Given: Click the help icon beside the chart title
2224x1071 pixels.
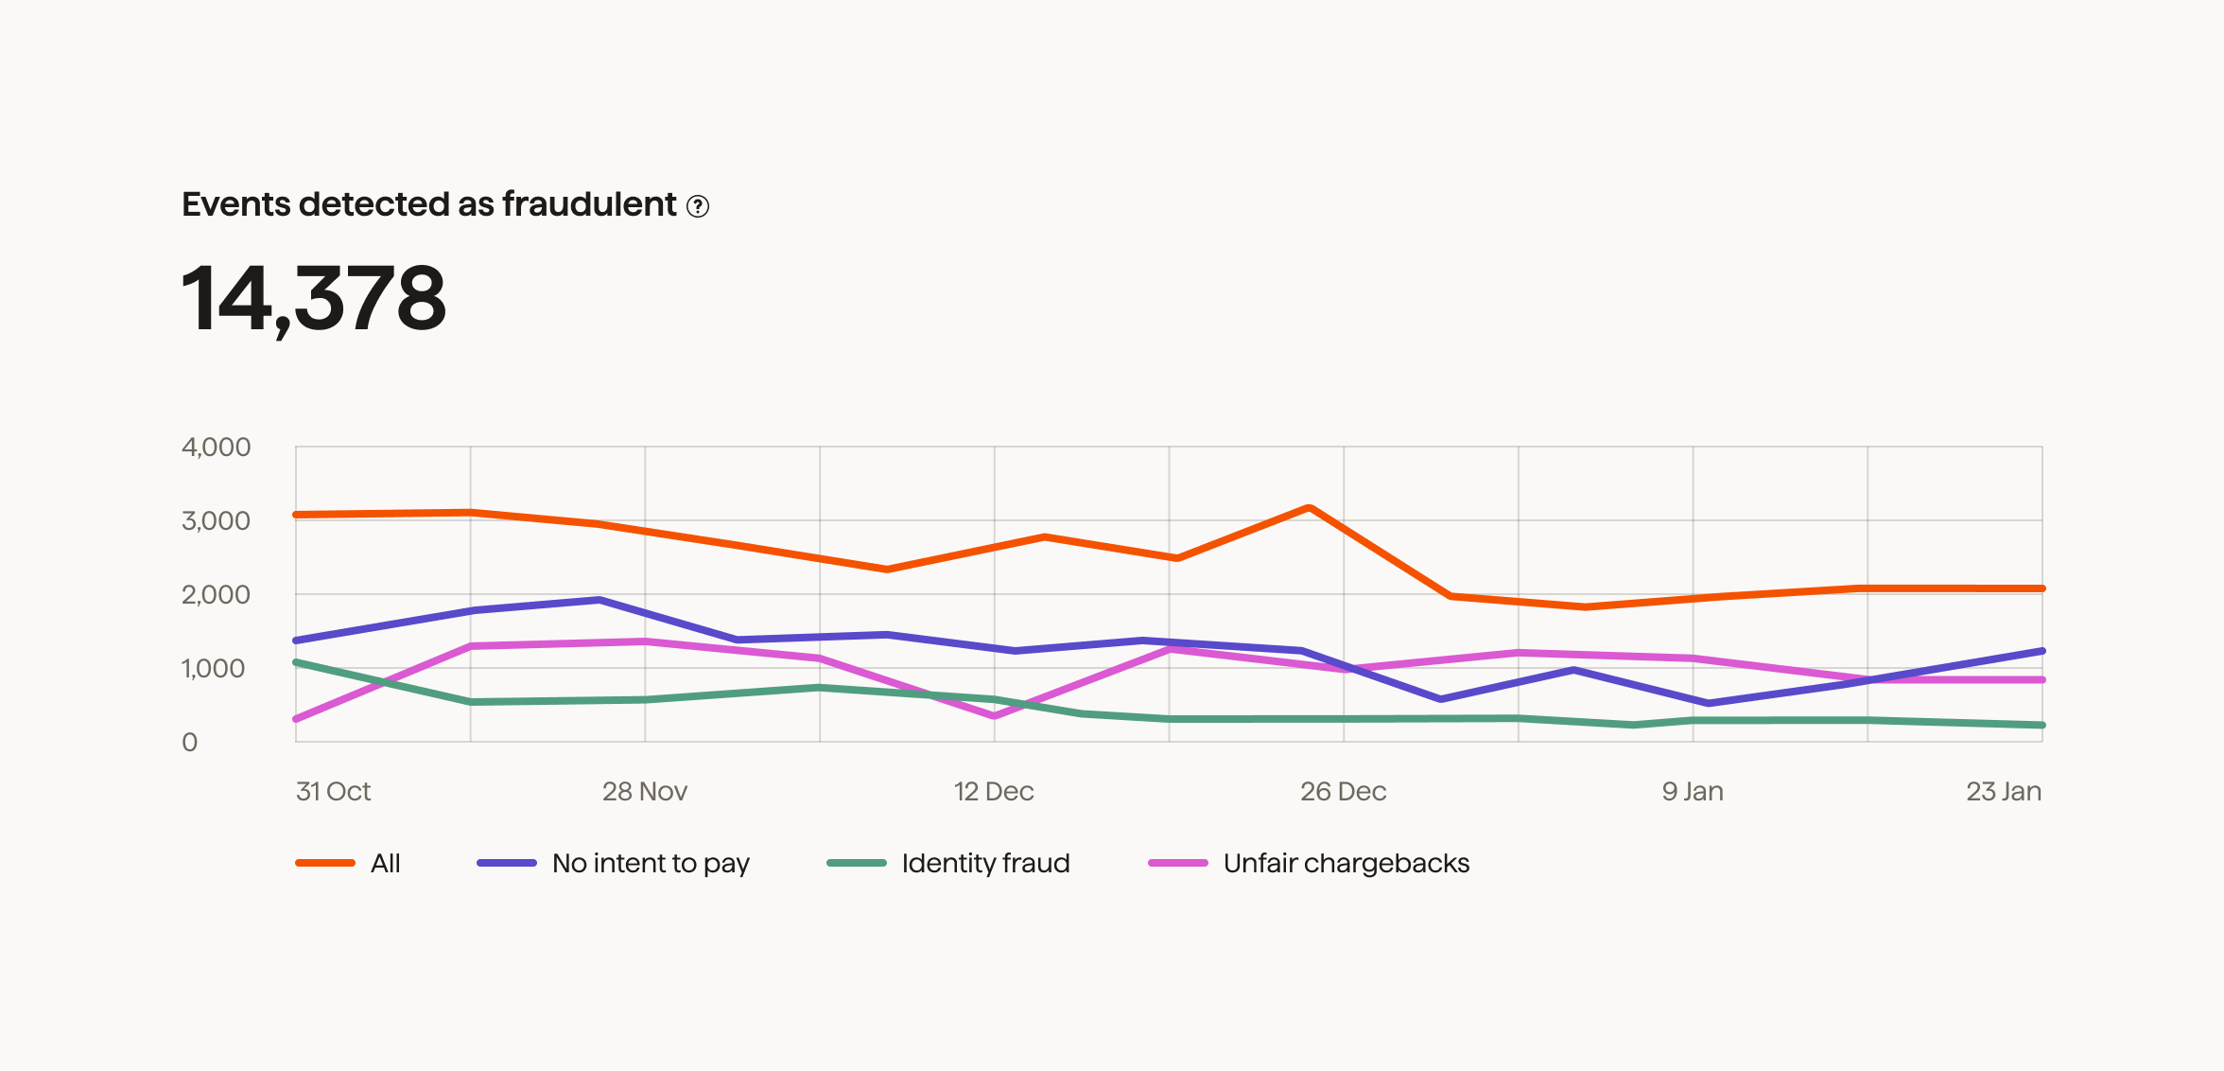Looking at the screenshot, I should [698, 206].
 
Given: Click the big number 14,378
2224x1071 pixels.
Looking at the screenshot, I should [313, 299].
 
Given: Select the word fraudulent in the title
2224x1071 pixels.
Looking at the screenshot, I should [589, 204].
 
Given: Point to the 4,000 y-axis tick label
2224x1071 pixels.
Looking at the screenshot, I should [216, 448].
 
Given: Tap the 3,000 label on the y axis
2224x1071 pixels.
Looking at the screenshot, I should [216, 521].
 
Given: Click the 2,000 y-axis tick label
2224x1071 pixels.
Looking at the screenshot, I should [216, 595].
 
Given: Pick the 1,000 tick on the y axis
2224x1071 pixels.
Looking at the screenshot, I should [214, 669].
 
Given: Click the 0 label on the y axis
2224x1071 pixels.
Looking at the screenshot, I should [190, 743].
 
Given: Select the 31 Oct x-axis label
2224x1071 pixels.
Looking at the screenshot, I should [333, 792].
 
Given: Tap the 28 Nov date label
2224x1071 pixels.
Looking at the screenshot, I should [645, 792].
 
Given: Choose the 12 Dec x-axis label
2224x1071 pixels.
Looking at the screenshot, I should [994, 792].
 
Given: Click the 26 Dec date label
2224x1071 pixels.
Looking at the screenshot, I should [1343, 792].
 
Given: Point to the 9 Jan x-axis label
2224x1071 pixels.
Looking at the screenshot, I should [1693, 792].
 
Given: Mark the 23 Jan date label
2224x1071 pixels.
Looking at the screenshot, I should [2004, 792].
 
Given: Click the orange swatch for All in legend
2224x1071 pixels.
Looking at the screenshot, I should [325, 863].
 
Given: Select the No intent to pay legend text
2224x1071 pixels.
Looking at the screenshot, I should [651, 863].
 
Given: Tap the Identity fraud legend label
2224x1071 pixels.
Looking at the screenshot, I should [985, 863].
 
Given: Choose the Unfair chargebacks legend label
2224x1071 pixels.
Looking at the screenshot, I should [1346, 863].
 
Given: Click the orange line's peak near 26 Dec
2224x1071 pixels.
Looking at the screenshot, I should [1309, 508].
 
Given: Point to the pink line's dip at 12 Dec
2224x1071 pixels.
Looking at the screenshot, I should [994, 715].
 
